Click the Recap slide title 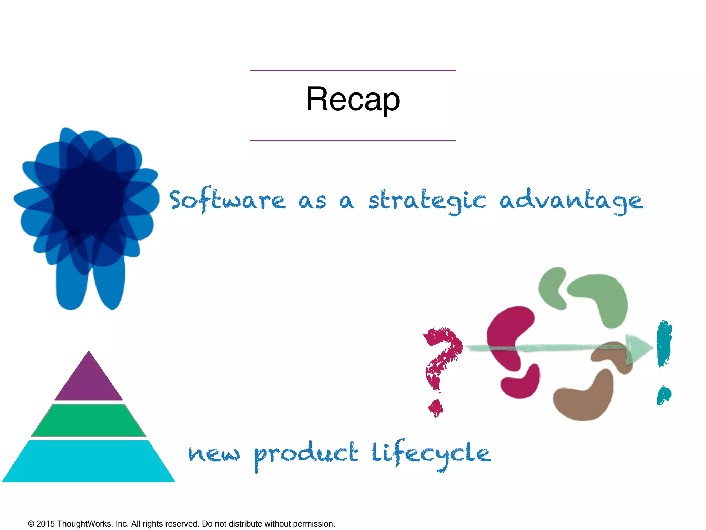[x=353, y=99]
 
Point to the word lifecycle [x=431, y=454]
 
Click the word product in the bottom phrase [x=306, y=454]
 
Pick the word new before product [x=214, y=454]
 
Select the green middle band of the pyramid [x=89, y=420]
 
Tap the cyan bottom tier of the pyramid [x=89, y=462]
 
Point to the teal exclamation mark [x=664, y=345]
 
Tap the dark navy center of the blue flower [x=89, y=198]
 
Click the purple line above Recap [x=353, y=70]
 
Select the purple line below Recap [x=353, y=141]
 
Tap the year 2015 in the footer [x=46, y=524]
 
